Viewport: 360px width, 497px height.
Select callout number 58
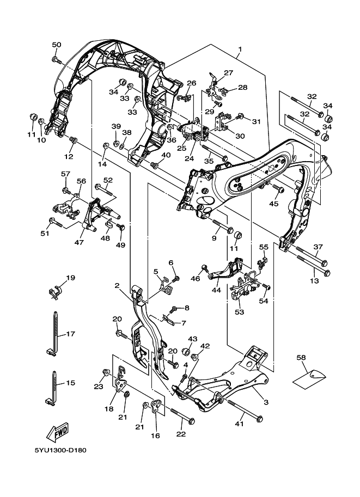tap(301, 358)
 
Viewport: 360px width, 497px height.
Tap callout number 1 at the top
tap(239, 49)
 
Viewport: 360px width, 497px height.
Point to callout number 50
tap(57, 45)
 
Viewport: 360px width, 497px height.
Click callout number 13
tap(314, 281)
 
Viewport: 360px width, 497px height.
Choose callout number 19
tap(70, 278)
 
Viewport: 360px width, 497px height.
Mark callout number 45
tap(273, 204)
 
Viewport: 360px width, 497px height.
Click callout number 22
tap(181, 434)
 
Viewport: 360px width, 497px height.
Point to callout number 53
tap(240, 312)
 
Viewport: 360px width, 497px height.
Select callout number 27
tap(228, 72)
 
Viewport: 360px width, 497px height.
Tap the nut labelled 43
tap(185, 351)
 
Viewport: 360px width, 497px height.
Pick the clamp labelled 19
tap(56, 291)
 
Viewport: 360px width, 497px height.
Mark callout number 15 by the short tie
tap(70, 383)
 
